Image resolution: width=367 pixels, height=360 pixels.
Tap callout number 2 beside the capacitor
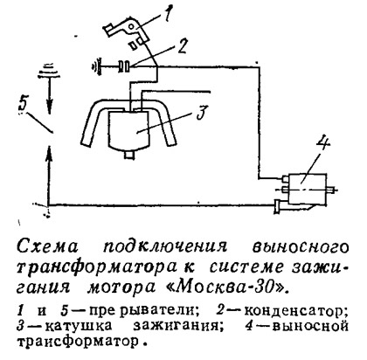pos(182,45)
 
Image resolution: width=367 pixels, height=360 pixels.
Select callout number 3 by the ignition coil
pos(202,113)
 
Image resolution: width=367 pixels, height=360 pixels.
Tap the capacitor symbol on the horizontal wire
pos(124,66)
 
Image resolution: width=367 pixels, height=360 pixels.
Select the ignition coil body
pos(130,129)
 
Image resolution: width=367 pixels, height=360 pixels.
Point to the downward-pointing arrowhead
pos(50,106)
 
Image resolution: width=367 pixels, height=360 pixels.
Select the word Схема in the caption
pos(47,247)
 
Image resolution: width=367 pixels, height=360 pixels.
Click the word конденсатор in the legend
pos(296,311)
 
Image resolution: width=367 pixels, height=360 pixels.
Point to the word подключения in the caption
pos(165,247)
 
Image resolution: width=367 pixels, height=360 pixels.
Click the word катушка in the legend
pos(79,326)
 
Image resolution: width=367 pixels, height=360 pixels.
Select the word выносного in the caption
pos(300,247)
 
